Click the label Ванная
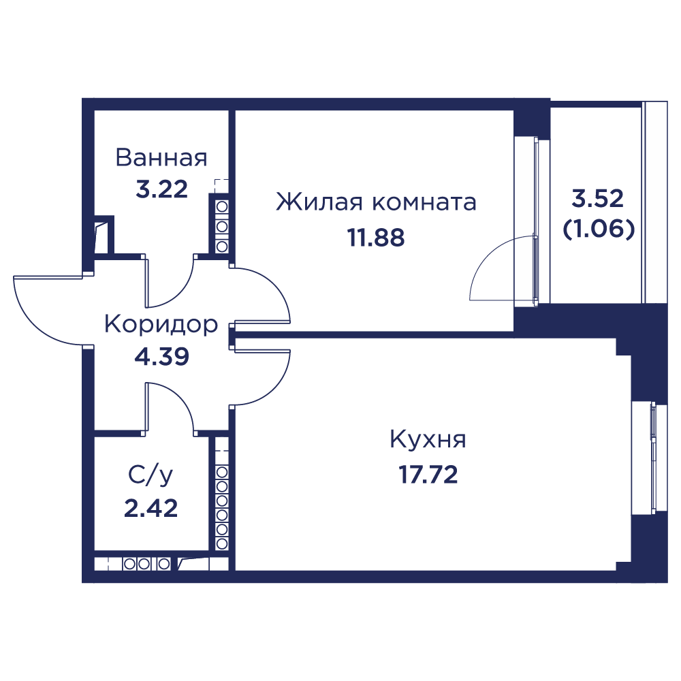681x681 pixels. click(x=161, y=158)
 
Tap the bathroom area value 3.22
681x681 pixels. click(x=161, y=189)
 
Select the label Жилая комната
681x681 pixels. click(x=376, y=202)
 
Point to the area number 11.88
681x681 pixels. click(x=376, y=238)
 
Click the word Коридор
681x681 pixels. click(x=161, y=325)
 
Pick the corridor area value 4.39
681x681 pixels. click(x=161, y=357)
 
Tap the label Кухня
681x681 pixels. click(x=428, y=439)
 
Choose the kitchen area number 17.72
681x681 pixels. click(x=428, y=475)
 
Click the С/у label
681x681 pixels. click(x=151, y=475)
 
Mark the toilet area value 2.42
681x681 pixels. click(x=151, y=508)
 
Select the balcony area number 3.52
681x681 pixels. click(x=598, y=198)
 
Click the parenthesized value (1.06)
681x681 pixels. click(x=599, y=229)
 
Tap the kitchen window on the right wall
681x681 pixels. click(x=648, y=459)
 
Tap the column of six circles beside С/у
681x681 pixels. click(x=222, y=507)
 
